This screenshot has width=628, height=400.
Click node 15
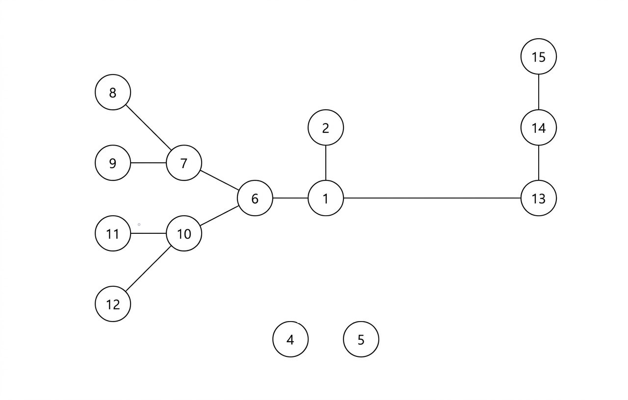coord(538,56)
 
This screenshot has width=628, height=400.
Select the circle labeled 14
coord(538,127)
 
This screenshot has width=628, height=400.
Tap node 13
coord(538,198)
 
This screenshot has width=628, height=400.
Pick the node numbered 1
coord(326,198)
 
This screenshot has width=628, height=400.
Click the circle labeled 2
coord(326,127)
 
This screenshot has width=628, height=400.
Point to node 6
coord(255,198)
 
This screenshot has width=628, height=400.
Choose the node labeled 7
coord(184,163)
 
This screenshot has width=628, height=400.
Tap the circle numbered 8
coord(113,92)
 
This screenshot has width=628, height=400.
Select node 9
coord(113,163)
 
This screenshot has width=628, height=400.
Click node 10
coord(184,233)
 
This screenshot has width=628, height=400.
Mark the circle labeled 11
coord(113,233)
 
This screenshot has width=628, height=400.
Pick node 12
coord(113,304)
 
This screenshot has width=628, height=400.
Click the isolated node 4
coord(290,339)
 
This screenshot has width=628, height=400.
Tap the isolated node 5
coord(361,339)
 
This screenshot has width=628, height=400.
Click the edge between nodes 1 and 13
coord(432,198)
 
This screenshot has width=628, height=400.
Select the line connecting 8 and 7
coord(149,127)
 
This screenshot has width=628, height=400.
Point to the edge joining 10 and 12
coord(149,269)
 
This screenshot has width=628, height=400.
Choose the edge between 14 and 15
coord(538,92)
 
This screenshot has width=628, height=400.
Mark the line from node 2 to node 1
coord(326,163)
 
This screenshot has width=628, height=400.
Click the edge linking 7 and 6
coord(219,180)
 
